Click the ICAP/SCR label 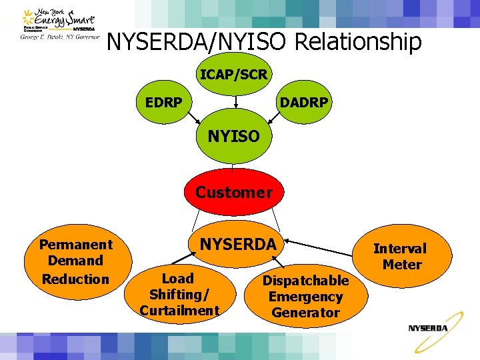[x=234, y=74]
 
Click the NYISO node [x=234, y=136]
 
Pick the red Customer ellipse [x=233, y=193]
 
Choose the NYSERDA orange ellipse [x=238, y=245]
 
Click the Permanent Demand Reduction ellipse [x=75, y=261]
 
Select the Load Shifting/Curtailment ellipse [x=179, y=295]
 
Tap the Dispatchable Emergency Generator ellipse [x=305, y=297]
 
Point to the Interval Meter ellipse [x=400, y=257]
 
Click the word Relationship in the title [x=357, y=43]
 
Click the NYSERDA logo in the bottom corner [x=428, y=328]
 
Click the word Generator [x=305, y=313]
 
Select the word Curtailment [x=179, y=310]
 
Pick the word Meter [x=402, y=265]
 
